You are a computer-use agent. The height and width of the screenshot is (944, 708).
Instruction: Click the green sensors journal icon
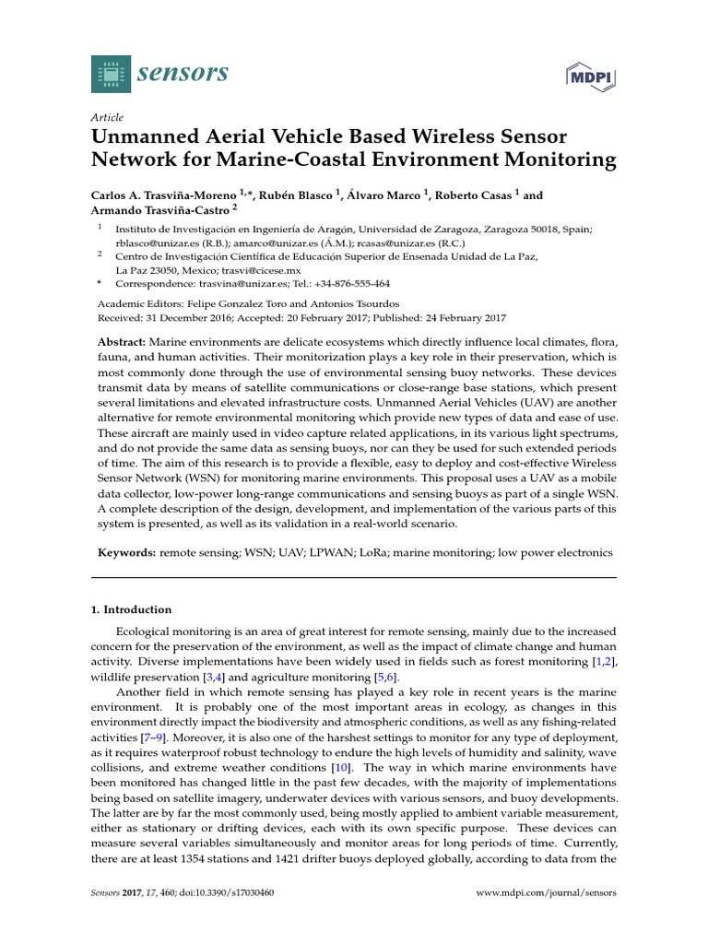pyautogui.click(x=112, y=74)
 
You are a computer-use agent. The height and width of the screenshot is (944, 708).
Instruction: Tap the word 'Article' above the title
pyautogui.click(x=107, y=118)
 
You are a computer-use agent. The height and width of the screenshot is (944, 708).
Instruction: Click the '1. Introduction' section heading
pyautogui.click(x=130, y=609)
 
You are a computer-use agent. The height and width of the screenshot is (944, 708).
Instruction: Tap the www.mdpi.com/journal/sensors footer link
pyautogui.click(x=547, y=893)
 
